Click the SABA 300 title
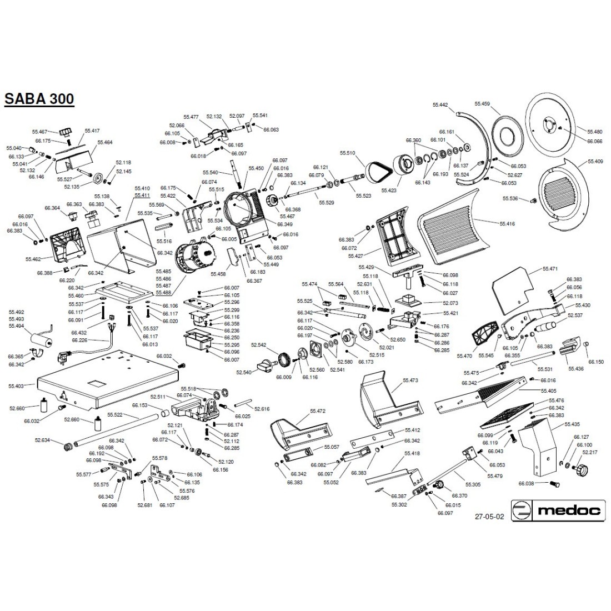tap(39, 99)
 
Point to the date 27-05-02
tap(489, 516)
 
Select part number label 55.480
tap(594, 132)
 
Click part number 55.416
tap(507, 223)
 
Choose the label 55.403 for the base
tap(16, 385)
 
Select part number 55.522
tap(115, 414)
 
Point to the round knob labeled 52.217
tap(581, 470)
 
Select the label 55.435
tap(572, 424)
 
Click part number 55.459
tap(482, 103)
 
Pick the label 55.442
tap(440, 104)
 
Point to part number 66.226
tap(79, 340)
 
